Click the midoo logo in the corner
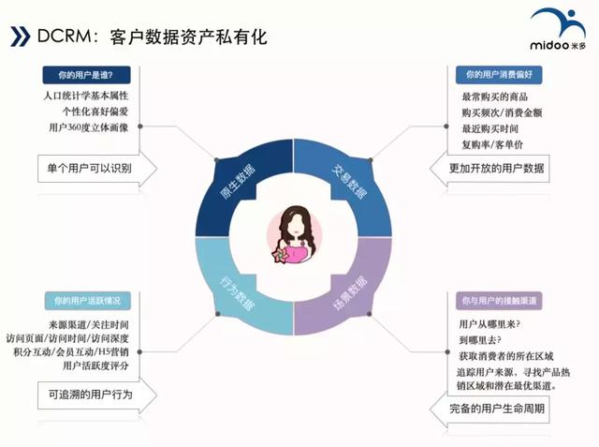pos(558,30)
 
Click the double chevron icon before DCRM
pos(21,37)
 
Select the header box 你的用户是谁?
pos(86,75)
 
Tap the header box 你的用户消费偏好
pos(499,75)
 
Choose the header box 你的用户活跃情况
pos(87,301)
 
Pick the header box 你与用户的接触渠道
pos(499,301)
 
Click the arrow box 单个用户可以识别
pos(97,169)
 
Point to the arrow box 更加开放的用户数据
pos(489,169)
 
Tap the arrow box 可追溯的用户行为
pos(97,395)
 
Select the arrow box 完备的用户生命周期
pos(489,409)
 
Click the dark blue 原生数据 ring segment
pos(233,180)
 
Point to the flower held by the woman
pos(281,255)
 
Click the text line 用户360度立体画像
pos(89,127)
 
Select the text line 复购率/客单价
pos(492,145)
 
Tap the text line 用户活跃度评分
pos(95,365)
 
